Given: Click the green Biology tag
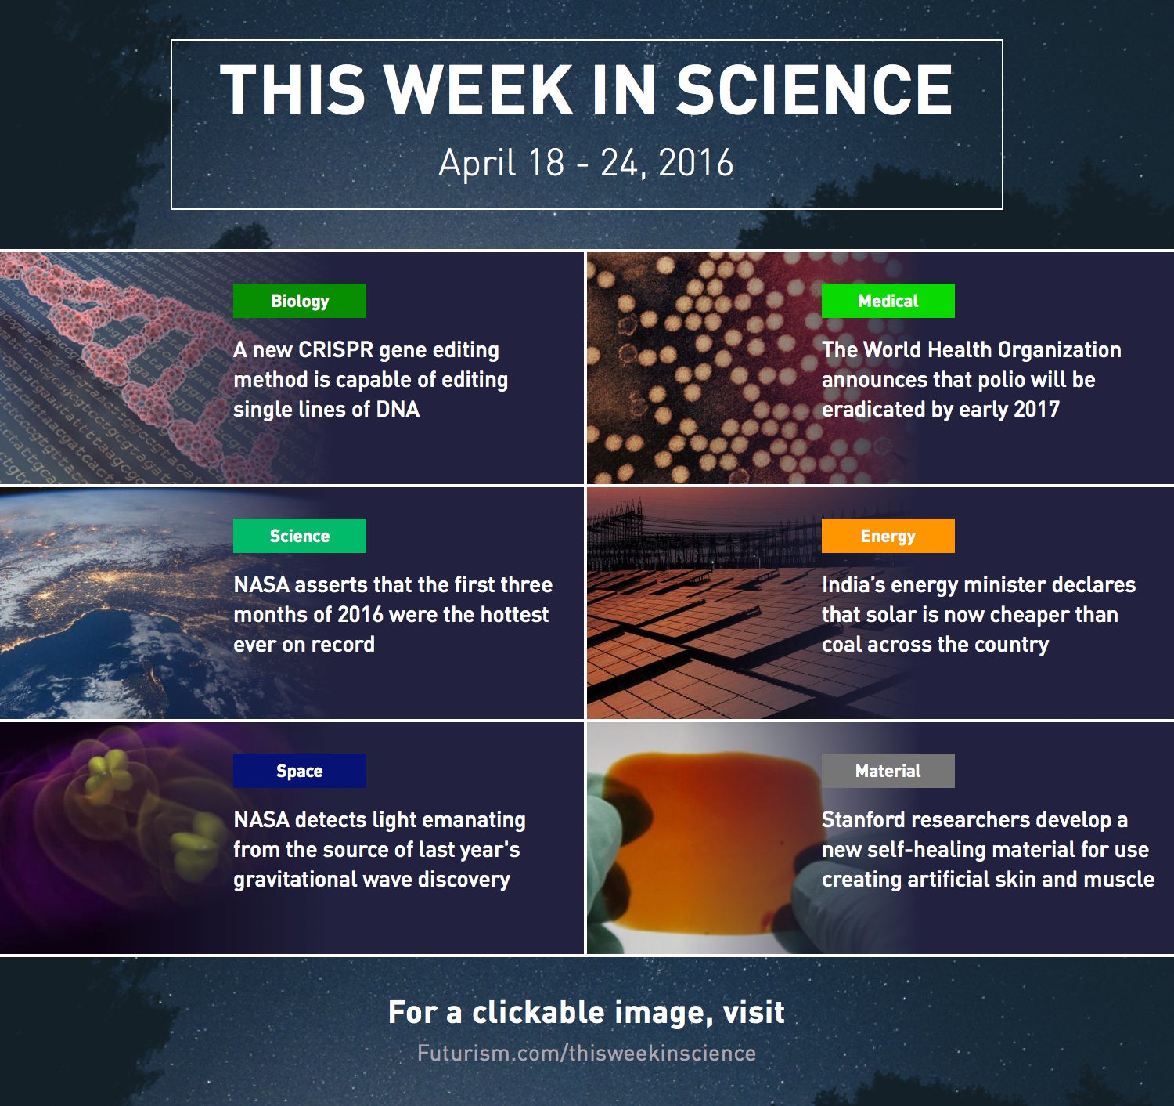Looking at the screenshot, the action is click(300, 301).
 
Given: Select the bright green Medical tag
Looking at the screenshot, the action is click(888, 301).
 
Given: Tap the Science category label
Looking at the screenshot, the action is click(300, 536).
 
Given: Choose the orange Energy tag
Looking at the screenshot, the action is click(888, 536).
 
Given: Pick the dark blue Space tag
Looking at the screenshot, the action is click(300, 771).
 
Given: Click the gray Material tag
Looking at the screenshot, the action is click(888, 771).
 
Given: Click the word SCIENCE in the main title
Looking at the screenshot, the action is click(814, 89).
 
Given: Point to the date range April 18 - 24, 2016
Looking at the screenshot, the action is click(585, 163).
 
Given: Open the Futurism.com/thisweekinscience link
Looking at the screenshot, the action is click(586, 1054).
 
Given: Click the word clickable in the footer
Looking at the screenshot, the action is click(538, 1013).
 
